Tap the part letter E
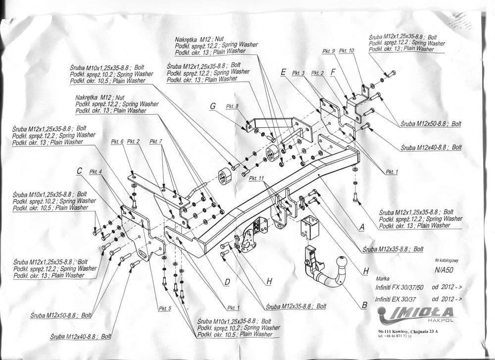(283, 72)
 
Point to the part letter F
(333, 72)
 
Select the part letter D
(227, 282)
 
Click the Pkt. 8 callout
(232, 106)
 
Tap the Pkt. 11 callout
(257, 178)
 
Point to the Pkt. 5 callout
(165, 309)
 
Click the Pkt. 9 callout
(329, 51)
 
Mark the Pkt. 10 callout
(348, 51)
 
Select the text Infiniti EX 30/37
(396, 299)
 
